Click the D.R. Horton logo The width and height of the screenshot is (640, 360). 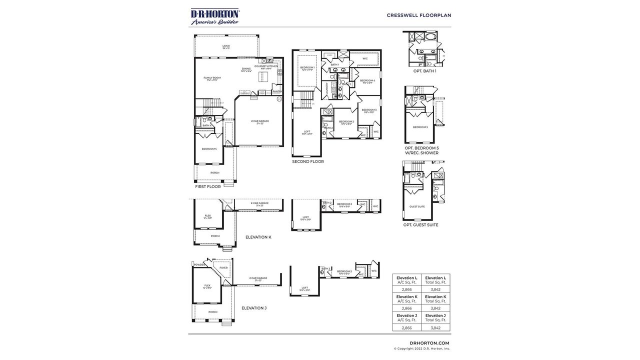click(x=215, y=16)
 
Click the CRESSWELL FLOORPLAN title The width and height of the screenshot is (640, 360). click(x=418, y=15)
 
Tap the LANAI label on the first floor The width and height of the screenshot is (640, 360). click(x=226, y=46)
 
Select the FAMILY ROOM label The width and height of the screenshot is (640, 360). click(x=212, y=77)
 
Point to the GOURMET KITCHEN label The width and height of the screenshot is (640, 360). click(x=265, y=66)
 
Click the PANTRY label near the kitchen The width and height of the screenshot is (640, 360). click(x=276, y=91)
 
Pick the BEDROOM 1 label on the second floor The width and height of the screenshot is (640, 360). click(x=307, y=67)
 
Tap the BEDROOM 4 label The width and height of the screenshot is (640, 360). click(x=367, y=80)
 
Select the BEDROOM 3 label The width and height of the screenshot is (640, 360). click(x=369, y=110)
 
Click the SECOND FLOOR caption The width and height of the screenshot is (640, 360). click(x=308, y=161)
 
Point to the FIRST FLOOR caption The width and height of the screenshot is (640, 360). click(x=208, y=186)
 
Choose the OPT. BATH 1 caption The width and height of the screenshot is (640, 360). click(x=424, y=71)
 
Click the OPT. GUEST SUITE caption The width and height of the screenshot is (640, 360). click(x=420, y=225)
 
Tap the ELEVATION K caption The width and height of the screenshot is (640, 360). click(x=258, y=237)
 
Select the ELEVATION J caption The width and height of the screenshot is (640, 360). click(x=254, y=308)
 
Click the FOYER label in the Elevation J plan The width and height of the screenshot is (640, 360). click(x=223, y=267)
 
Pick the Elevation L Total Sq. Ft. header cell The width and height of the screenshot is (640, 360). click(x=435, y=280)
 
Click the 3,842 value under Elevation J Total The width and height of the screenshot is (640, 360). click(x=435, y=327)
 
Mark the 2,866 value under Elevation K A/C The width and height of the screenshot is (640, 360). click(x=406, y=308)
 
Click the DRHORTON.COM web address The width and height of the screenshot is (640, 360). click(x=429, y=343)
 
